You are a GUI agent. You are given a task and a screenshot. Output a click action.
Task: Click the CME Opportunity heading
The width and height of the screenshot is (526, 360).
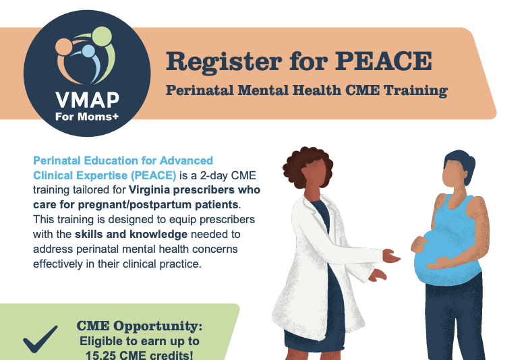tap(139, 326)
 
